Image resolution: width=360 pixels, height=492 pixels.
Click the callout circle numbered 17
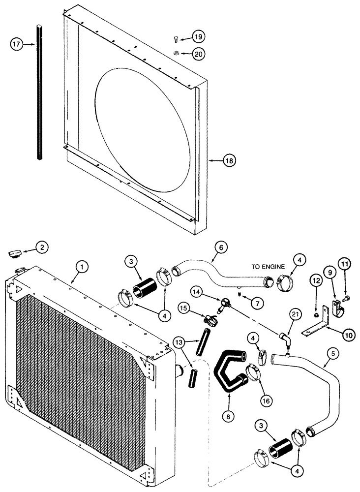17,45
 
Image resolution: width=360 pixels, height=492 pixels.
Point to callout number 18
230,160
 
